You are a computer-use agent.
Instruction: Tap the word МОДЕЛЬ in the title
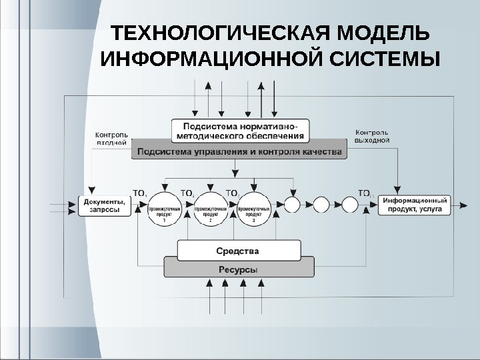[384, 33]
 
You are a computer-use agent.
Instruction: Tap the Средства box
[237, 251]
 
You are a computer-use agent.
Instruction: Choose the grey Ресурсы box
[237, 269]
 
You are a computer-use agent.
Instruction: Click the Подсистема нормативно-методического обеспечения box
[239, 130]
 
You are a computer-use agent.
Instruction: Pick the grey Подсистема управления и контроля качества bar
[239, 151]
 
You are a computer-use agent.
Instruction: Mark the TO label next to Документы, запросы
[141, 193]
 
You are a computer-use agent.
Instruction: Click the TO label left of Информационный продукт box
[365, 193]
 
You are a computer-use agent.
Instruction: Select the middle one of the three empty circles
[321, 204]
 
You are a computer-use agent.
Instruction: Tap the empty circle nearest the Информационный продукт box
[351, 204]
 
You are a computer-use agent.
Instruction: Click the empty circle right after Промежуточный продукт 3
[292, 204]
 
